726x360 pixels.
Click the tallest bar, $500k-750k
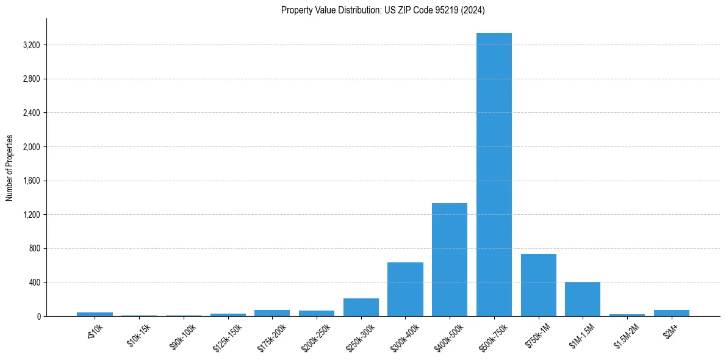click(x=494, y=175)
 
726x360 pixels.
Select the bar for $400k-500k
click(x=450, y=259)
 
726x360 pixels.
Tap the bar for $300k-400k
click(x=405, y=289)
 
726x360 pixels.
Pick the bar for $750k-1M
click(x=538, y=285)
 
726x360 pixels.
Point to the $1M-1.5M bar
click(x=583, y=299)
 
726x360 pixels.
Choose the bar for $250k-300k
click(x=361, y=307)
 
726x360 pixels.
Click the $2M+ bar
click(x=671, y=313)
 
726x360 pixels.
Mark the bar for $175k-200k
click(x=272, y=313)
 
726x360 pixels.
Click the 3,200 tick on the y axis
click(x=31, y=45)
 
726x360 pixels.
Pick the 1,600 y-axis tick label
click(x=31, y=181)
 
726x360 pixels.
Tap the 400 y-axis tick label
click(x=35, y=283)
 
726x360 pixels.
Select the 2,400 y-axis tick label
click(x=31, y=113)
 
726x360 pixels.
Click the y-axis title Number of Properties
click(x=10, y=168)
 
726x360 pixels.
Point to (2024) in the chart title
click(x=473, y=10)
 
